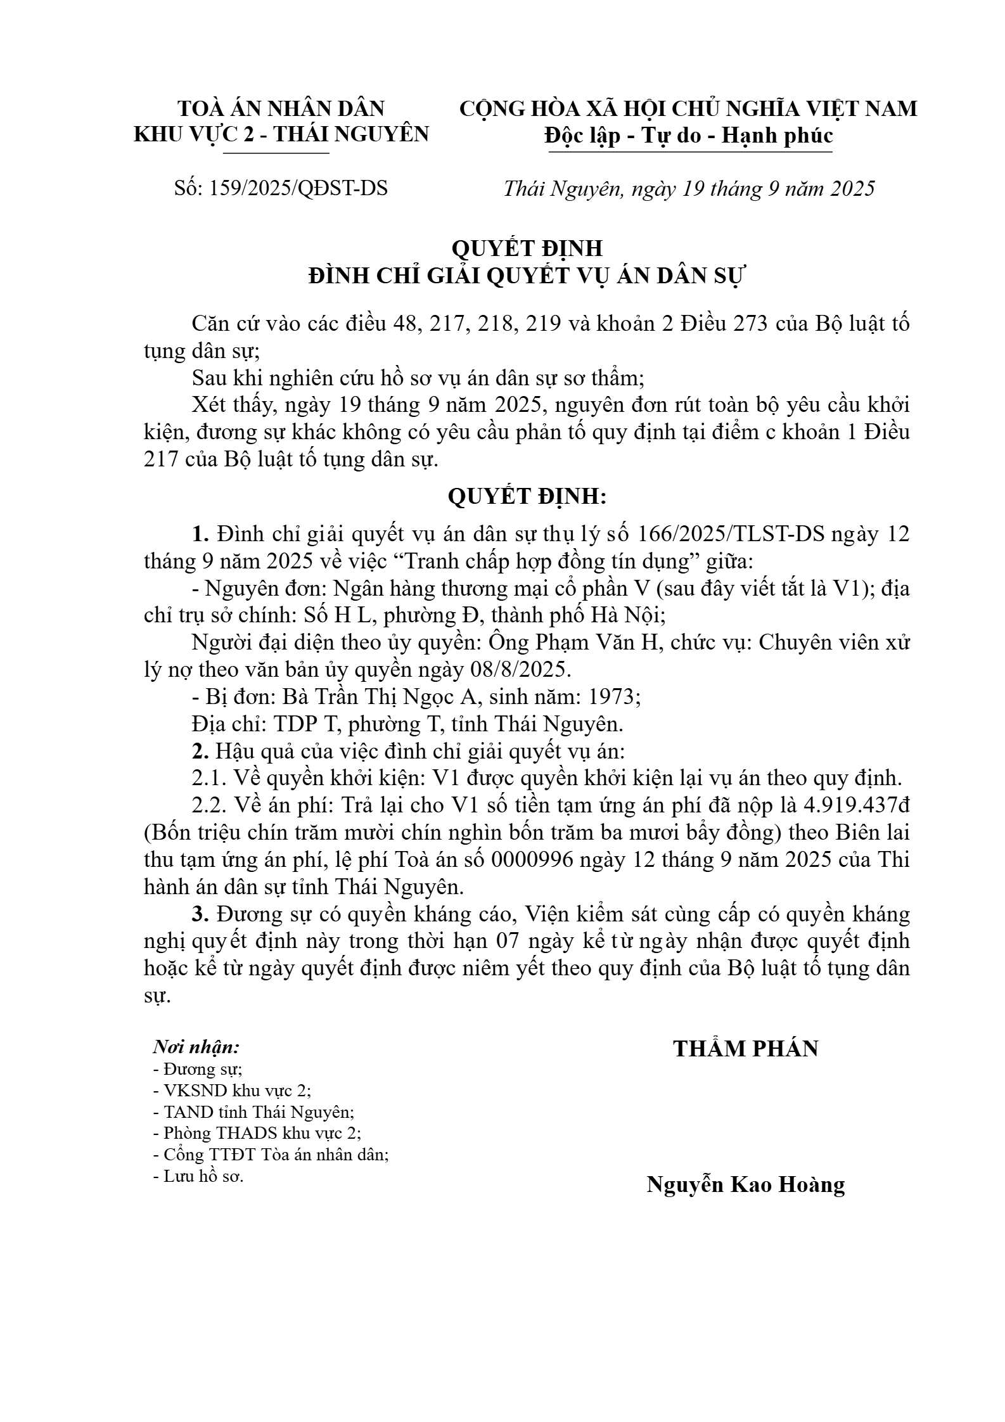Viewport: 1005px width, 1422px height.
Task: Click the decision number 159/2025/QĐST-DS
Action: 297,188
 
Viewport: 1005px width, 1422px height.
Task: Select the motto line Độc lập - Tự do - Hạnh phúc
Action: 688,136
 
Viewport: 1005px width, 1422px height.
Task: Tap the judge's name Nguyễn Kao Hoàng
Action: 745,1183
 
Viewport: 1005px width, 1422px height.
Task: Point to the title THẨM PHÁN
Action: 745,1048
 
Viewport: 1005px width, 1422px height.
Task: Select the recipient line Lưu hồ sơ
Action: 198,1176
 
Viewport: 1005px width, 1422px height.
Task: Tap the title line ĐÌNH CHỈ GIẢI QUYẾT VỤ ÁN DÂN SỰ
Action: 527,277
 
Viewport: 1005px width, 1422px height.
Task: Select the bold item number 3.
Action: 201,914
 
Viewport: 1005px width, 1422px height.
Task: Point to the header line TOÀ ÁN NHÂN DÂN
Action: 281,108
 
